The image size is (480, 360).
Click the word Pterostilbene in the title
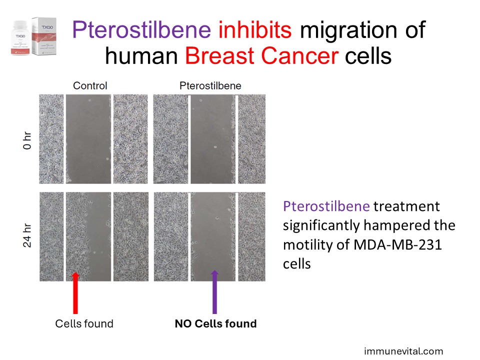click(141, 30)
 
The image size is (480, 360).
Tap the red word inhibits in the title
click(255, 29)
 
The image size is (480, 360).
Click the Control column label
click(90, 85)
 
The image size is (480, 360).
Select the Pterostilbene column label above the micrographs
click(210, 85)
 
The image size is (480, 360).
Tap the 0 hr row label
click(27, 140)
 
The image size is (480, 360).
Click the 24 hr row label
click(27, 235)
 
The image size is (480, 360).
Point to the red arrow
click(75, 293)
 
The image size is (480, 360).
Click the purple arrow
click(214, 292)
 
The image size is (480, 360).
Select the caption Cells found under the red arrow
click(84, 323)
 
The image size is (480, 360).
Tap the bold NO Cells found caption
click(215, 323)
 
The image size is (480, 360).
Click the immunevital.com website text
click(403, 351)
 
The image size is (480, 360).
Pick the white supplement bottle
click(20, 38)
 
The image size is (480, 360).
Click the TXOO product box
click(44, 36)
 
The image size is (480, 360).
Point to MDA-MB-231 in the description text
click(397, 244)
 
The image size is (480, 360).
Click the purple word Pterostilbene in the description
click(326, 206)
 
